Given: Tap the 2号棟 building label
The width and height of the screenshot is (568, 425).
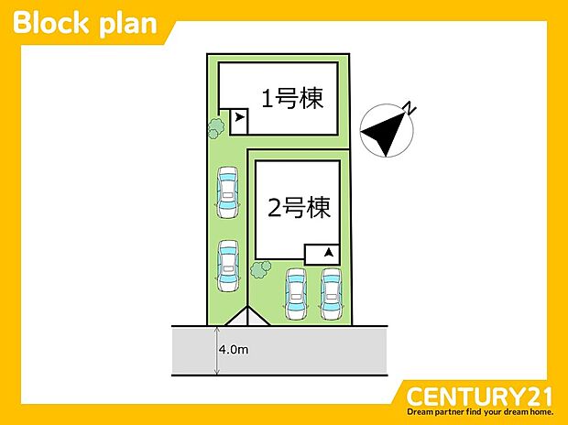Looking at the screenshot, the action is click(299, 209).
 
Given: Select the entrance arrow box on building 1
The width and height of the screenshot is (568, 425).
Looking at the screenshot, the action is click(238, 118).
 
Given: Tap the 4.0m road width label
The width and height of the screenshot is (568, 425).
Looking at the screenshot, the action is click(233, 350).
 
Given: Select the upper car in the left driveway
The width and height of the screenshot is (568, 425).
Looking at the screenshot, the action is click(225, 193).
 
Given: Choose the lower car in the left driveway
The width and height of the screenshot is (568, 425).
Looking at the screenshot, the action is click(226, 265).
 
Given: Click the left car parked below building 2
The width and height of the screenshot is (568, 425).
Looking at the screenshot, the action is click(296, 293).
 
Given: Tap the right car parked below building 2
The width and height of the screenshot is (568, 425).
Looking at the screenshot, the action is click(330, 293).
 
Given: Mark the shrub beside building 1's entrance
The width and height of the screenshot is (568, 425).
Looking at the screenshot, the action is click(216, 127).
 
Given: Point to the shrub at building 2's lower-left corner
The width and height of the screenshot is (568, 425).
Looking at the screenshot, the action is click(261, 269).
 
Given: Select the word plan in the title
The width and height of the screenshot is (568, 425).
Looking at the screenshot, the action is click(128, 24).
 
